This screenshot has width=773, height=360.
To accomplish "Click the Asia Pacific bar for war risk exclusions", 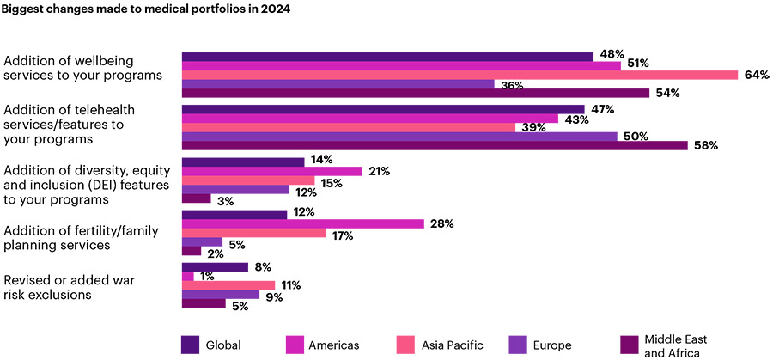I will point(228,284).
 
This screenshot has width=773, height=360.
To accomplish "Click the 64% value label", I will point(756,75).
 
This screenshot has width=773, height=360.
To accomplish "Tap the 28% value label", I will point(441,223).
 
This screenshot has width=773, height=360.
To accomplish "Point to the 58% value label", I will point(705,145).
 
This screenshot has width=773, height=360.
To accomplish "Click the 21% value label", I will point(379,171).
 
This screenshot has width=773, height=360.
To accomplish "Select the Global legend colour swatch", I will point(191,345).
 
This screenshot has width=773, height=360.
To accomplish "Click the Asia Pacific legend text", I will point(452,345).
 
